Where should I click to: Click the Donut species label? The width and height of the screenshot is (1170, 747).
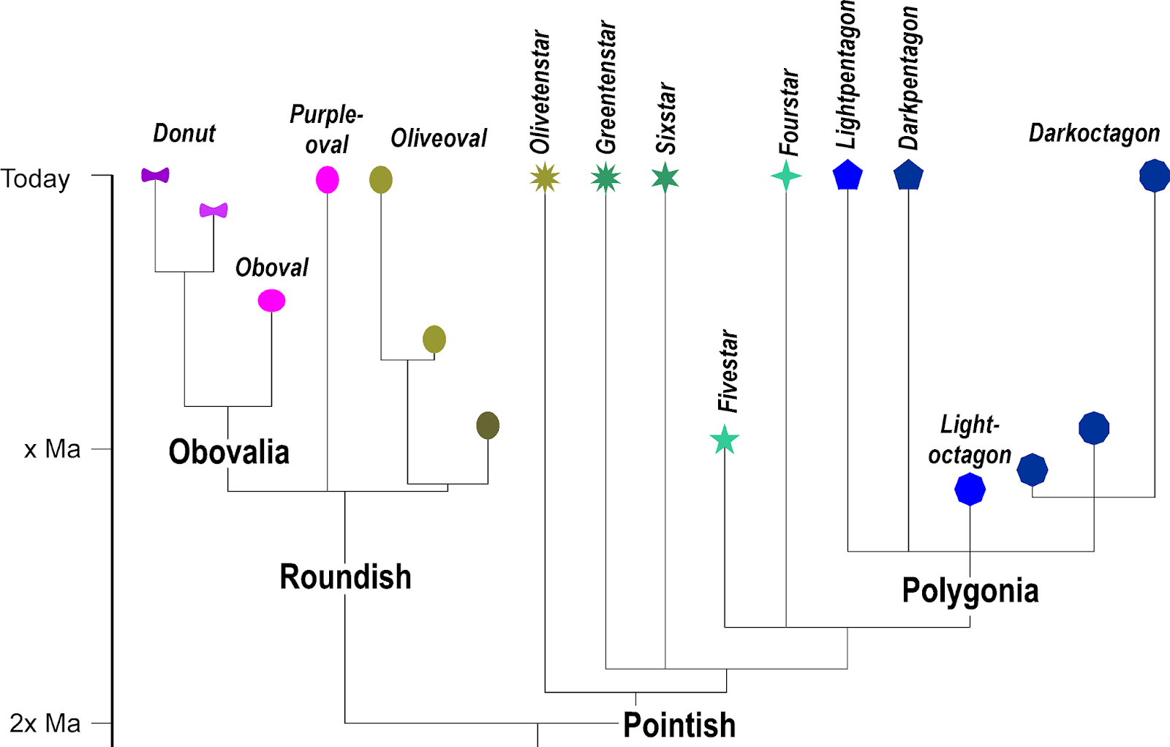pos(184,133)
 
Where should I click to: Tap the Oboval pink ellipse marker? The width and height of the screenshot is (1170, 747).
pos(271,301)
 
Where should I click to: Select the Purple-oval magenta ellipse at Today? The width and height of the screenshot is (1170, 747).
pos(327,179)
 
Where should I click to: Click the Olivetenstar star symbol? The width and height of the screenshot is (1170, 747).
pos(545,177)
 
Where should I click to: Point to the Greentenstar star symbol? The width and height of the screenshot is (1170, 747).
pos(605,177)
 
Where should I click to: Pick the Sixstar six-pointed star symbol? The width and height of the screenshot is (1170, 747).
pos(665,177)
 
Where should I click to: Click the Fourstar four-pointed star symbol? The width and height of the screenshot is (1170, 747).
pos(786,176)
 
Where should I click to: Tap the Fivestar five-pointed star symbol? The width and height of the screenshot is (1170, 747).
pos(725,440)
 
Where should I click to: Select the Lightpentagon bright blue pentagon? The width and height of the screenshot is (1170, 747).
pos(848,176)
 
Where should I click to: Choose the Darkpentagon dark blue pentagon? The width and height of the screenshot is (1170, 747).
pos(908,176)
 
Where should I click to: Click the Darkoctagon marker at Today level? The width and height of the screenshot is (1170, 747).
pos(1155,176)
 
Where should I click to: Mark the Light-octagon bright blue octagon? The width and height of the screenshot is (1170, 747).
pos(970,489)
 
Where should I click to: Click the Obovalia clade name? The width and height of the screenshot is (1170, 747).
pos(229,452)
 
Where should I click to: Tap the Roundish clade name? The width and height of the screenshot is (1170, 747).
pos(345,577)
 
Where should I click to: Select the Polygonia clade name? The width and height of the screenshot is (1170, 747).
pos(970,590)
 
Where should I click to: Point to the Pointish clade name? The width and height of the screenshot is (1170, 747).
pos(679,725)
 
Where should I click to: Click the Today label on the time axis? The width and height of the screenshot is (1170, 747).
pos(35,179)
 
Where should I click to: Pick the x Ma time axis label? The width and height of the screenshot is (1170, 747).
pos(52,449)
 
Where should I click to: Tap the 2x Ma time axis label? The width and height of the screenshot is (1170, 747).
pos(45,724)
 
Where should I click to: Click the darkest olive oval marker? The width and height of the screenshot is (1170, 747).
pos(488,426)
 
